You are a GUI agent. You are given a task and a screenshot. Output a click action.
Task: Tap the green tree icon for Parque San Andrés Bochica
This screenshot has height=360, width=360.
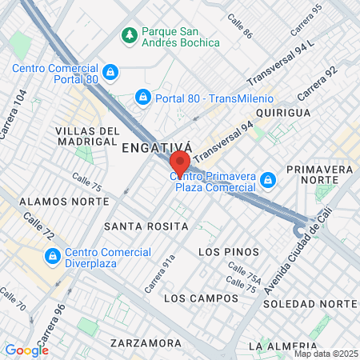point(129,35)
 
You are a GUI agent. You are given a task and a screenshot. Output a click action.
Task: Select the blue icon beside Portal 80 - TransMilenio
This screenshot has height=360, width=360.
point(142,98)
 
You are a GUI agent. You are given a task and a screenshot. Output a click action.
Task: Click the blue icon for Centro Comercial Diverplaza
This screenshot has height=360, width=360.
point(53,257)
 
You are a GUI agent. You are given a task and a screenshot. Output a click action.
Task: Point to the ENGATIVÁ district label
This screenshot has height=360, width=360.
point(157,147)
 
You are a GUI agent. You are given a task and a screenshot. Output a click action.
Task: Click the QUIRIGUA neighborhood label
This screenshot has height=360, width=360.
point(283,113)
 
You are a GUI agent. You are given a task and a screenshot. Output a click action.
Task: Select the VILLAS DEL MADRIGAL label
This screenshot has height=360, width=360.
point(88,136)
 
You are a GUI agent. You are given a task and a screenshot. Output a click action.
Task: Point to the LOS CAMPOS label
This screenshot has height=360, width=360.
point(191,298)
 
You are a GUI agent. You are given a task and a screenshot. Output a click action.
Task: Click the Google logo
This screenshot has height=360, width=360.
point(26,350)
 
